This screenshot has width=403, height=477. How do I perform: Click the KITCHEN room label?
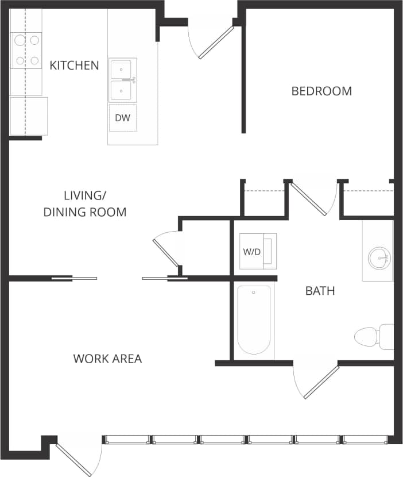pyautogui.click(x=74, y=65)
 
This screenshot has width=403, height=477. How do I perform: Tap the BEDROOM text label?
pyautogui.click(x=321, y=91)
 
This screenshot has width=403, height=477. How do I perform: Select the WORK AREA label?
pyautogui.click(x=107, y=359)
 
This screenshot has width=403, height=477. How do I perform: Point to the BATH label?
pyautogui.click(x=320, y=291)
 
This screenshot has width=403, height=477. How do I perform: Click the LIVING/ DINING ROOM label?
pyautogui.click(x=85, y=203)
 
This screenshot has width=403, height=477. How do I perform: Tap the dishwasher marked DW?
pyautogui.click(x=123, y=118)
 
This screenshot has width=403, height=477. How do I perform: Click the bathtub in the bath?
pyautogui.click(x=254, y=320)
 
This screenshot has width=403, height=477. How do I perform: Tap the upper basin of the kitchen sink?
pyautogui.click(x=122, y=69)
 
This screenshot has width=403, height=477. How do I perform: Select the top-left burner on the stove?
pyautogui.click(x=19, y=40)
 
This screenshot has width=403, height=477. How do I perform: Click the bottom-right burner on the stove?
pyautogui.click(x=34, y=60)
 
